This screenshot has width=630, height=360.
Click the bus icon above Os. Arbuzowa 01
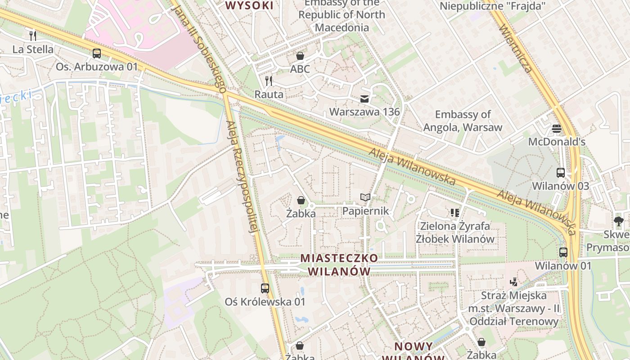(x=97, y=54)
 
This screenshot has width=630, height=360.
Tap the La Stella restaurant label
(x=33, y=49)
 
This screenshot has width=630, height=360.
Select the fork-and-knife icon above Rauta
(x=269, y=81)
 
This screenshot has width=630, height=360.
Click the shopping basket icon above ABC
(x=300, y=56)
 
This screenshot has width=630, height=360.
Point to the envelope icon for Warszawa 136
(x=364, y=99)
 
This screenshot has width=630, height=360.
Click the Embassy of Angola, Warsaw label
(x=463, y=121)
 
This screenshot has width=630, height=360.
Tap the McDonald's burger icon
(x=557, y=129)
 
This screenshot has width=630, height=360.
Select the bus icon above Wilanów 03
(x=561, y=172)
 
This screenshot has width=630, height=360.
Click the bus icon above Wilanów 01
(x=563, y=252)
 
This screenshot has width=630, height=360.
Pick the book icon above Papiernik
(x=365, y=198)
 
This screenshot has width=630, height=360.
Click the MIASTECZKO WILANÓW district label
(x=339, y=265)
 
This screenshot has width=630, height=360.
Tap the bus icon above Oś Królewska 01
(x=265, y=288)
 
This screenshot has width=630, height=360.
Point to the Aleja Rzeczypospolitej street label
(x=243, y=178)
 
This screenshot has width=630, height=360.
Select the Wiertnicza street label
(x=516, y=49)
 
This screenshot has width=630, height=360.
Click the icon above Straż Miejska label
(x=513, y=282)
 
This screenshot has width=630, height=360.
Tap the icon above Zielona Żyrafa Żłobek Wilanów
(x=454, y=212)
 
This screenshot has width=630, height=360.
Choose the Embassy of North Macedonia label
(x=342, y=15)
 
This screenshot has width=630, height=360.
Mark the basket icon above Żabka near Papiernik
(x=301, y=200)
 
